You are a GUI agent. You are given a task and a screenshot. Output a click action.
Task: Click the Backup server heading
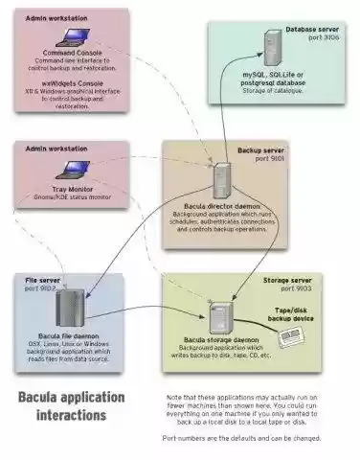pyautogui.click(x=260, y=151)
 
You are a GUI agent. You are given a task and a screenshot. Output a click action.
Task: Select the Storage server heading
pyautogui.click(x=287, y=279)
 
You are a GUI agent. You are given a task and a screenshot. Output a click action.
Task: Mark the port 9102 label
pyautogui.click(x=39, y=287)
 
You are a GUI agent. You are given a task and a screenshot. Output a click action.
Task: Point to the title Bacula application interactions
pyautogui.click(x=72, y=405)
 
